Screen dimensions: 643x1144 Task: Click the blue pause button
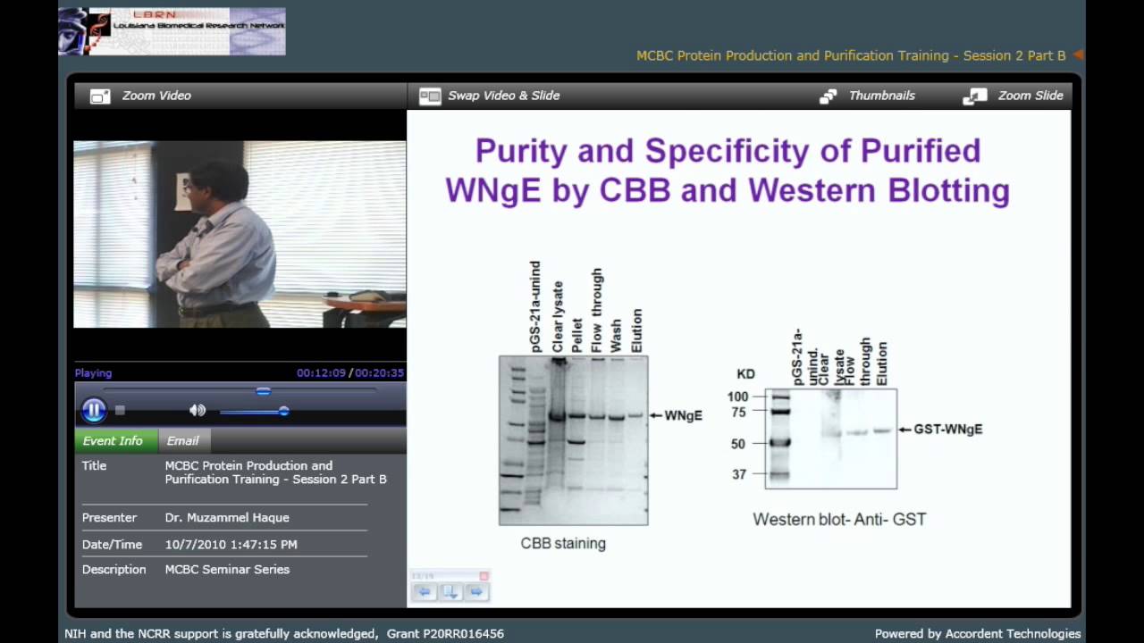point(94,410)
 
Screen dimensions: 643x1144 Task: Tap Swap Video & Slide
point(490,96)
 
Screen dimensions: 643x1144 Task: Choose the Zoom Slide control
point(1014,96)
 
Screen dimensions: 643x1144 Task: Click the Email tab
point(182,440)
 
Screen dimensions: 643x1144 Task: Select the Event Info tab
point(113,440)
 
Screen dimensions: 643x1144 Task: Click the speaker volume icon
point(198,410)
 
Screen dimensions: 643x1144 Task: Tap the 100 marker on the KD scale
point(737,397)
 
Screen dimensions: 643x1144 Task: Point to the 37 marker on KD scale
point(739,474)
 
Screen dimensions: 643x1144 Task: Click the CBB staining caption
point(563,543)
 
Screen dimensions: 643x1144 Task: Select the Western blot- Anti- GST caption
point(839,519)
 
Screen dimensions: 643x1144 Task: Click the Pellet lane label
point(577,336)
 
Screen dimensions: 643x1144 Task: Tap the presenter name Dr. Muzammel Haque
point(227,517)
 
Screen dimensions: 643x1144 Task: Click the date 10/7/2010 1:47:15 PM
point(231,544)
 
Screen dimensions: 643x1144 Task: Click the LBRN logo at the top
point(172,31)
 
